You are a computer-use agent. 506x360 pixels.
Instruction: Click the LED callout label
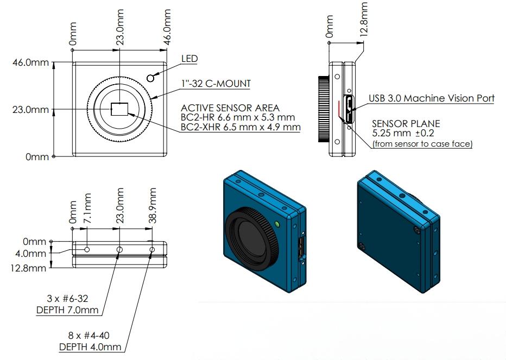(189, 59)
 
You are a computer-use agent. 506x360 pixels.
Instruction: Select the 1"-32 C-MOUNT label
(216, 84)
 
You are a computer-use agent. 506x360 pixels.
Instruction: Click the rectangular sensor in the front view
(120, 110)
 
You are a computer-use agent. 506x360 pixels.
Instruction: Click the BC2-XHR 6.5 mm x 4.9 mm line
(241, 128)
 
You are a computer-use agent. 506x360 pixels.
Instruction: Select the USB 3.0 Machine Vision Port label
(432, 98)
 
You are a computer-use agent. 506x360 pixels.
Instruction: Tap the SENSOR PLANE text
(406, 124)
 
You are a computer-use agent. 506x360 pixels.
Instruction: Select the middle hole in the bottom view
(120, 249)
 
